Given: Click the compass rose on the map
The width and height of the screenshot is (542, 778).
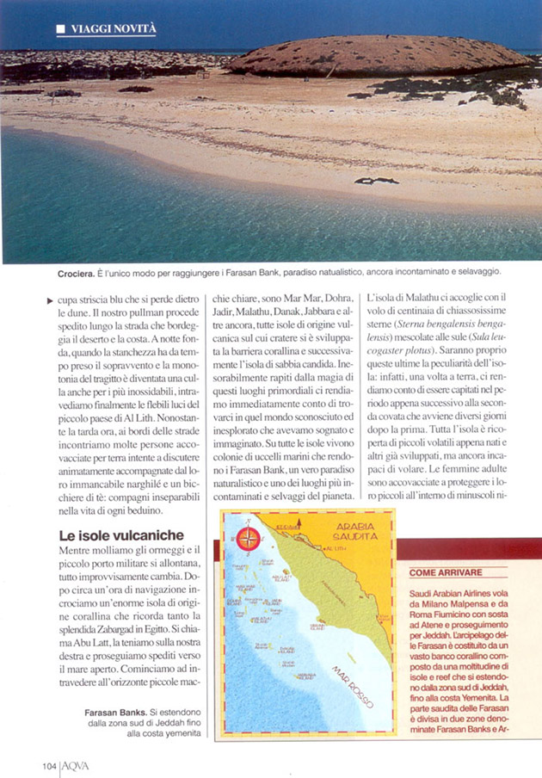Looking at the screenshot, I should point(249,540).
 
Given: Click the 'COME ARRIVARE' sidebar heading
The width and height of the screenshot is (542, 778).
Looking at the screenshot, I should point(445,571).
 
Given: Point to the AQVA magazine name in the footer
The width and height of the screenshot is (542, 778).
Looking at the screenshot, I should point(76,765).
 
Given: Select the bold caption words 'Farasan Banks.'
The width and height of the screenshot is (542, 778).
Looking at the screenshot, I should point(116,713).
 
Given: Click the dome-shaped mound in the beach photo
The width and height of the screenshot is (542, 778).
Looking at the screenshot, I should point(379,55).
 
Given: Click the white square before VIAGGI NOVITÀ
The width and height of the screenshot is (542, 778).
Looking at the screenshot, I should point(60,29).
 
